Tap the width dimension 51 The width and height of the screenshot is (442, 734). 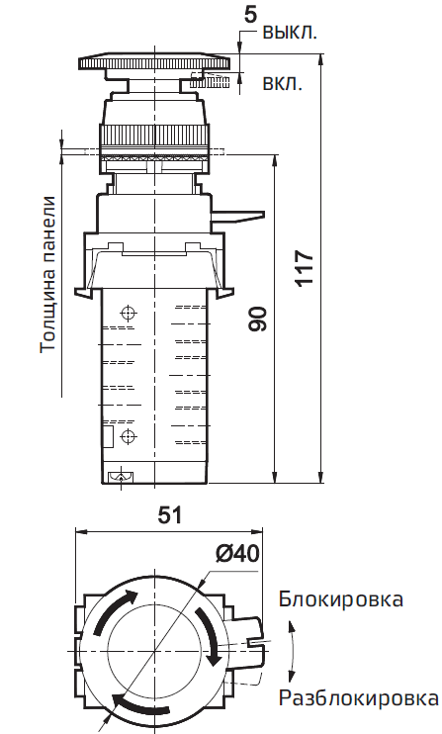pos(170,515)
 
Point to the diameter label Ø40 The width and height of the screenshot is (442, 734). pos(235,553)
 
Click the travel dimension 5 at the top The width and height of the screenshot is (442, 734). pos(249,14)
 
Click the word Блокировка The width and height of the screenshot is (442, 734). pos(340,599)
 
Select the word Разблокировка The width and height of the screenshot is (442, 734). pos(357,699)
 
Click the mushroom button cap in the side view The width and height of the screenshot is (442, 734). pos(154,63)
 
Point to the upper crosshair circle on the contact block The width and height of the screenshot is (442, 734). pos(126,314)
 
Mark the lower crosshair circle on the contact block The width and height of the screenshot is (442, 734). pos(126,436)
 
